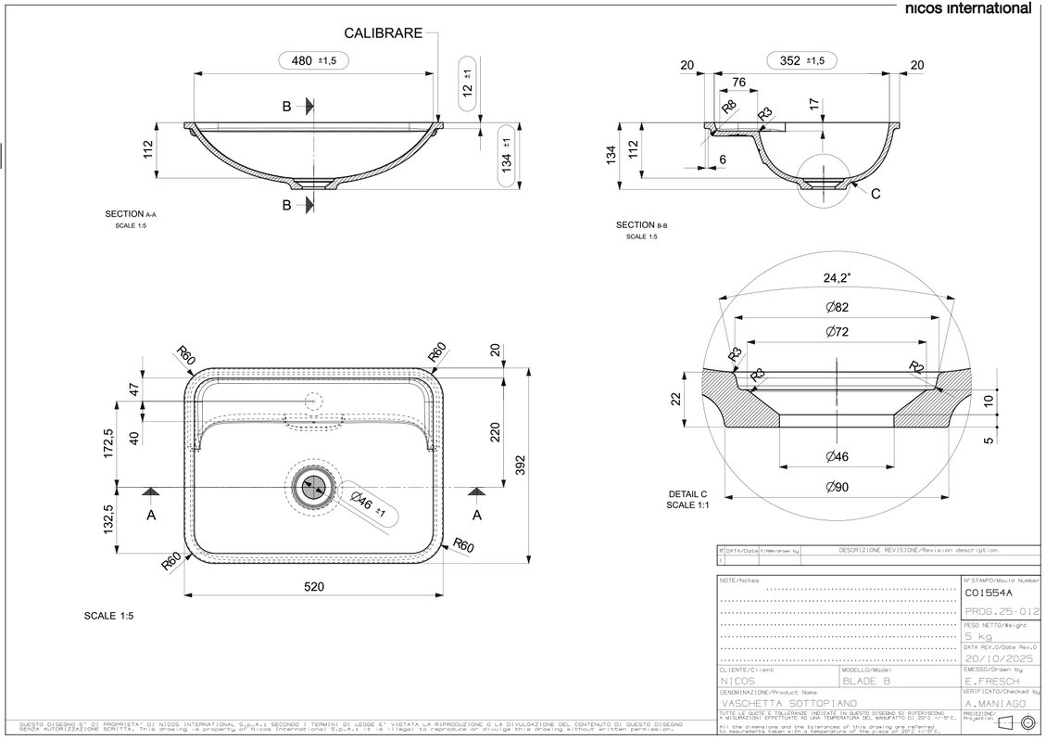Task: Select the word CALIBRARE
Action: (384, 33)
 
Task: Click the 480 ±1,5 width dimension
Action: (314, 60)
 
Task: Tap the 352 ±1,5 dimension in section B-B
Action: (802, 60)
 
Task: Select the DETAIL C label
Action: (687, 494)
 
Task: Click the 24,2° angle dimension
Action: (838, 276)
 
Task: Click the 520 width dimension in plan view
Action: (314, 586)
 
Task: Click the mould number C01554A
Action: (989, 593)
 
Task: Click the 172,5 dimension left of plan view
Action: (108, 442)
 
